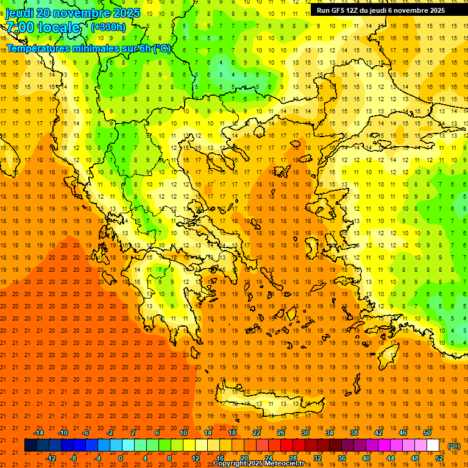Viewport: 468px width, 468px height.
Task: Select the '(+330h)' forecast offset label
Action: click(x=108, y=27)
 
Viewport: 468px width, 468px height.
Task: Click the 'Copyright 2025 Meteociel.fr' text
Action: click(x=258, y=464)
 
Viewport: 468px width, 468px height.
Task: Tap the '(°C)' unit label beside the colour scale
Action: click(x=454, y=446)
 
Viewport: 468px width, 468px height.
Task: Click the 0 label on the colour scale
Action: click(x=121, y=458)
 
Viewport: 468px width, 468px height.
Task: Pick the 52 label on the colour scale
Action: click(x=439, y=458)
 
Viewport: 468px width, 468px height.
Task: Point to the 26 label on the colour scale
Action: click(x=281, y=433)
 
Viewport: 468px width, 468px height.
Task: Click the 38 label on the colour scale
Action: click(x=354, y=433)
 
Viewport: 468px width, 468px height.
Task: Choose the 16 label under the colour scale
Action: click(x=219, y=458)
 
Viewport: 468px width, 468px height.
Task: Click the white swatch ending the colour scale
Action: click(x=433, y=445)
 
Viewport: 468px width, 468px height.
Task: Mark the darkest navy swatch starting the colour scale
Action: click(x=30, y=445)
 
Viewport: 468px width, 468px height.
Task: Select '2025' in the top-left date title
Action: click(x=125, y=13)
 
